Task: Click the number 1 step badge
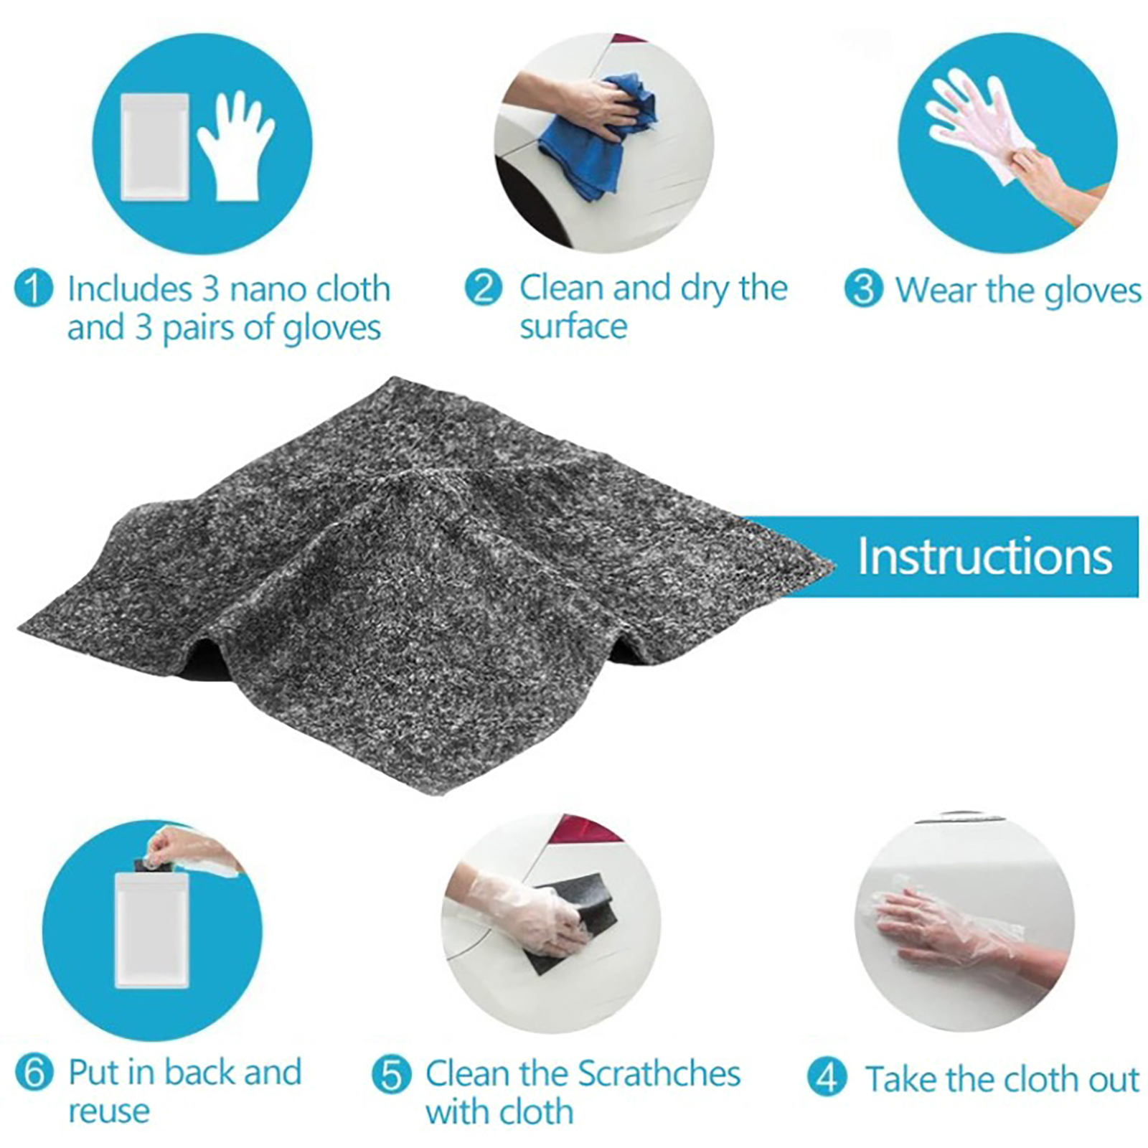point(33,289)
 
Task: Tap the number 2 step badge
point(484,288)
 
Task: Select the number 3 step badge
point(863,288)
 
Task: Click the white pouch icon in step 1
point(155,146)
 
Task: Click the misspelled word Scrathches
point(659,1074)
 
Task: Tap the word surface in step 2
point(573,326)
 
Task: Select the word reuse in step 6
point(109,1111)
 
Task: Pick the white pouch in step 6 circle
point(152,930)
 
